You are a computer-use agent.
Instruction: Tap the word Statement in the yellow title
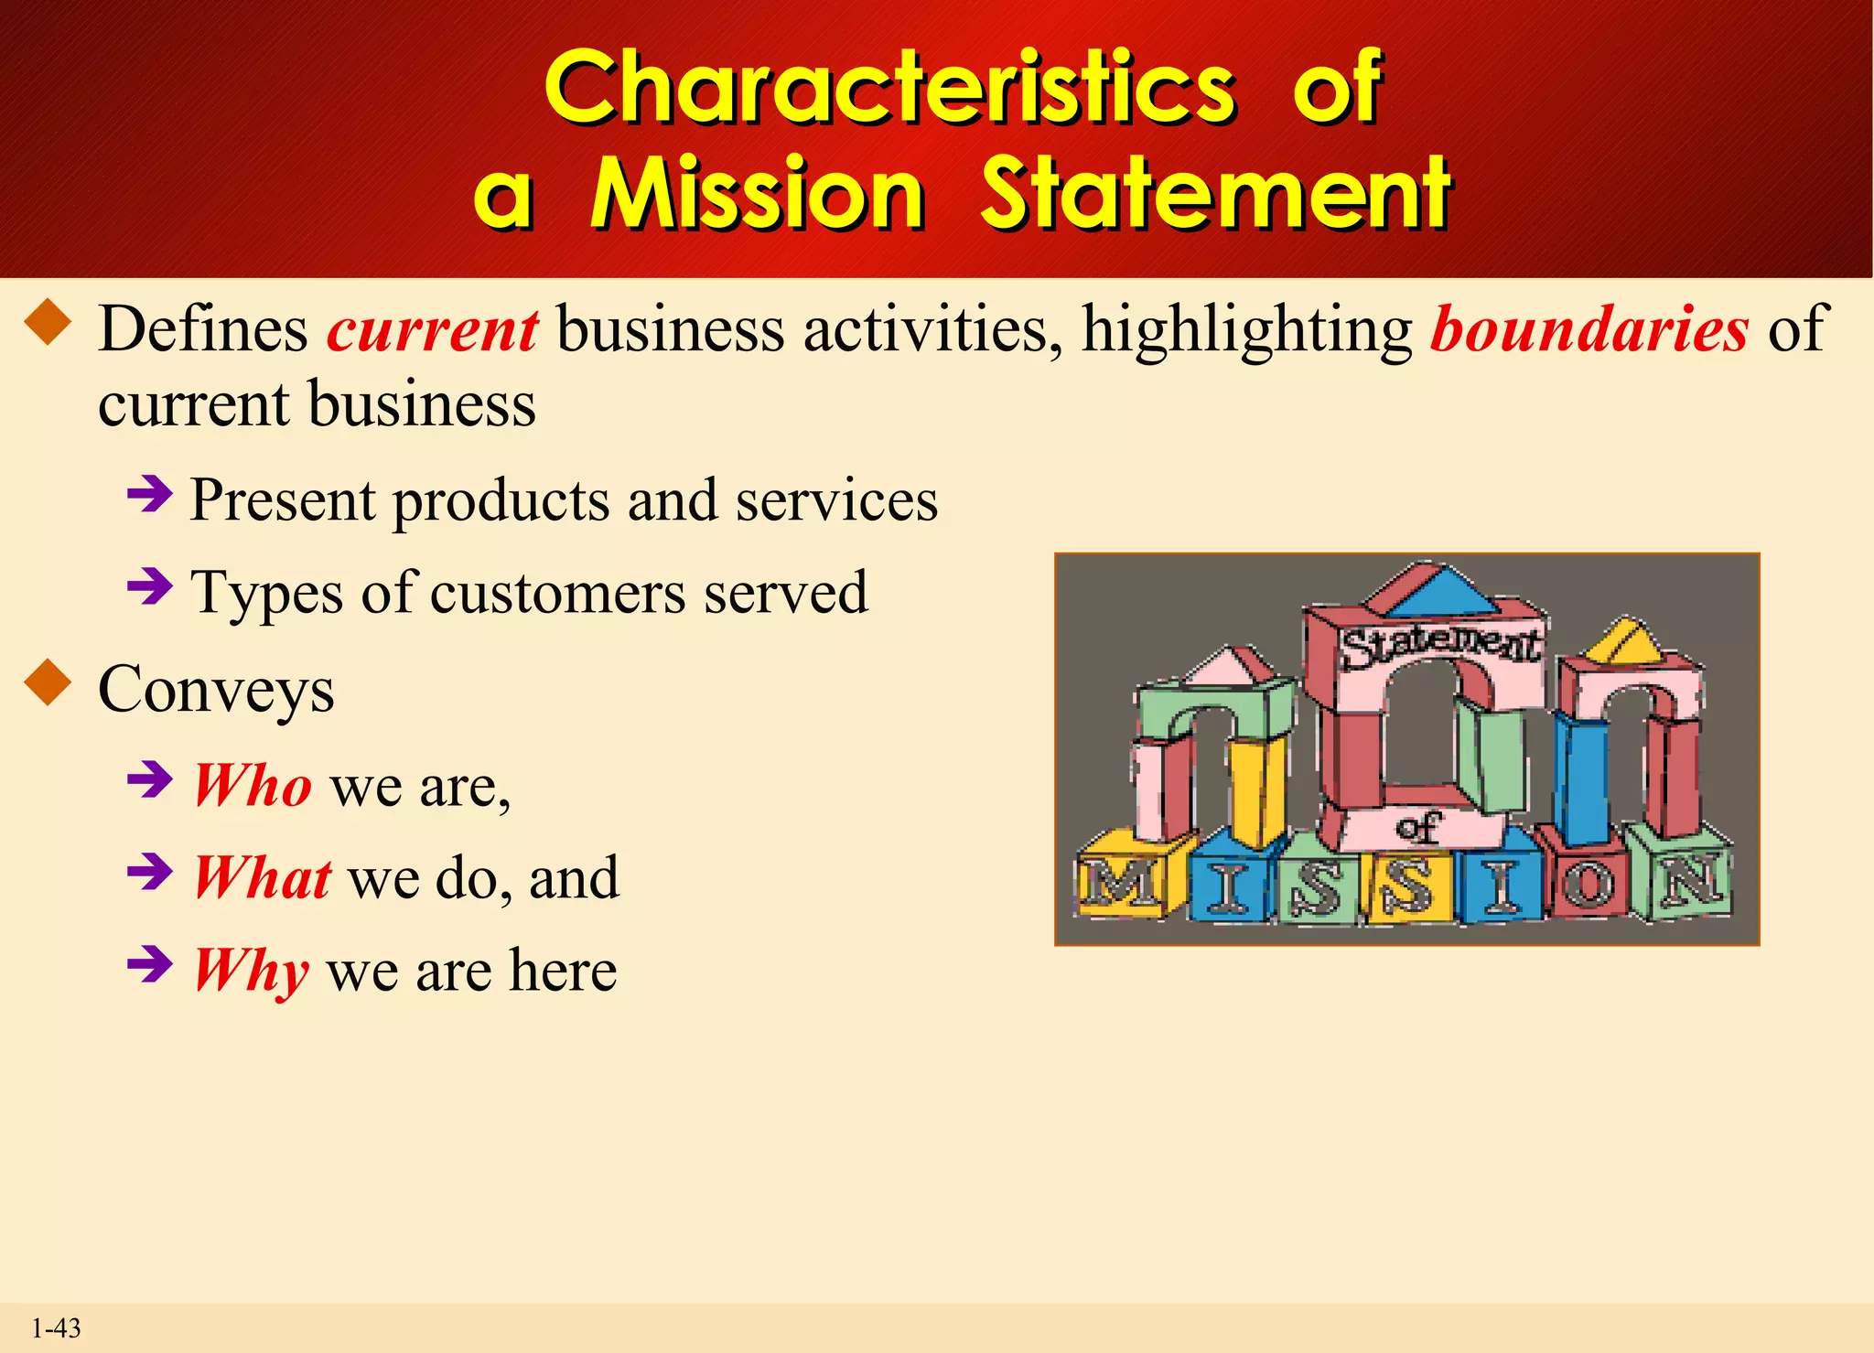[1214, 193]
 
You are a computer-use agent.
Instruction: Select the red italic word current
[433, 329]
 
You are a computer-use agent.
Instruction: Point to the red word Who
[253, 786]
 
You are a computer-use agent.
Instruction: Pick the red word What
[262, 878]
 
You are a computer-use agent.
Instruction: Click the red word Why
[251, 971]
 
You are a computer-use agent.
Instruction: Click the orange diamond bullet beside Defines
[48, 325]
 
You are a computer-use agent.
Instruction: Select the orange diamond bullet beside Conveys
[48, 685]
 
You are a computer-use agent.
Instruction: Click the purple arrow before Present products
[150, 495]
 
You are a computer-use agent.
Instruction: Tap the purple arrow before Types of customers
[150, 586]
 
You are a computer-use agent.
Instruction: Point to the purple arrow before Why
[150, 963]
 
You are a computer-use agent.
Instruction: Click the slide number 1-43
[56, 1328]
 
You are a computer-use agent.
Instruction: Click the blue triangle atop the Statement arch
[1443, 592]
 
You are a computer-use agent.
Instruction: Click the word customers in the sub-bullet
[558, 592]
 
